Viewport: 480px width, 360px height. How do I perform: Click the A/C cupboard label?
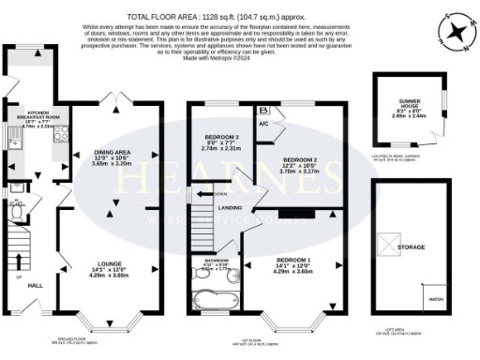[x=264, y=124]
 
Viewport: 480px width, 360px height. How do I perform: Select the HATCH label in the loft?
[x=435, y=300]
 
